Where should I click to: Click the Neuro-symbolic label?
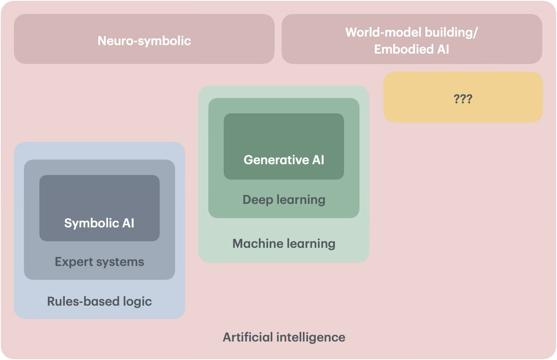point(144,40)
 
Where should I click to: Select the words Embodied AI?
point(412,49)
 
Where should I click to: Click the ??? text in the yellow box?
point(463,99)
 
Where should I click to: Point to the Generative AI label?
point(284,160)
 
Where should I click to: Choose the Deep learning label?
point(284,200)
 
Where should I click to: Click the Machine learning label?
point(284,244)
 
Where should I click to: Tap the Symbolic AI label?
point(99,223)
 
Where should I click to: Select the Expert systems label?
point(99,262)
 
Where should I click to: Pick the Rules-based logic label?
point(99,301)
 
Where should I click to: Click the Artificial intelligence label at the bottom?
point(284,337)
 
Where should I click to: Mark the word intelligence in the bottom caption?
point(311,337)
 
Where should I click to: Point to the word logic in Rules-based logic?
point(137,301)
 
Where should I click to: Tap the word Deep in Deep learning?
point(258,200)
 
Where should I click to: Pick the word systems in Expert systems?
point(120,262)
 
